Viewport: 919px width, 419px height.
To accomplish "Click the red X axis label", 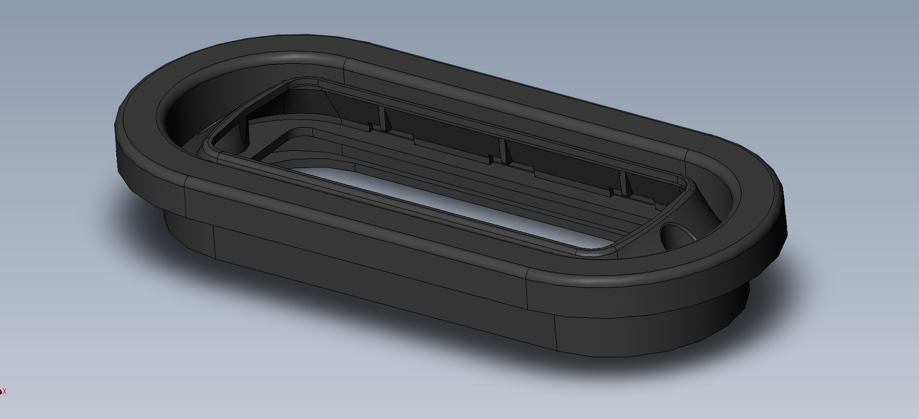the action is tap(5, 391).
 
